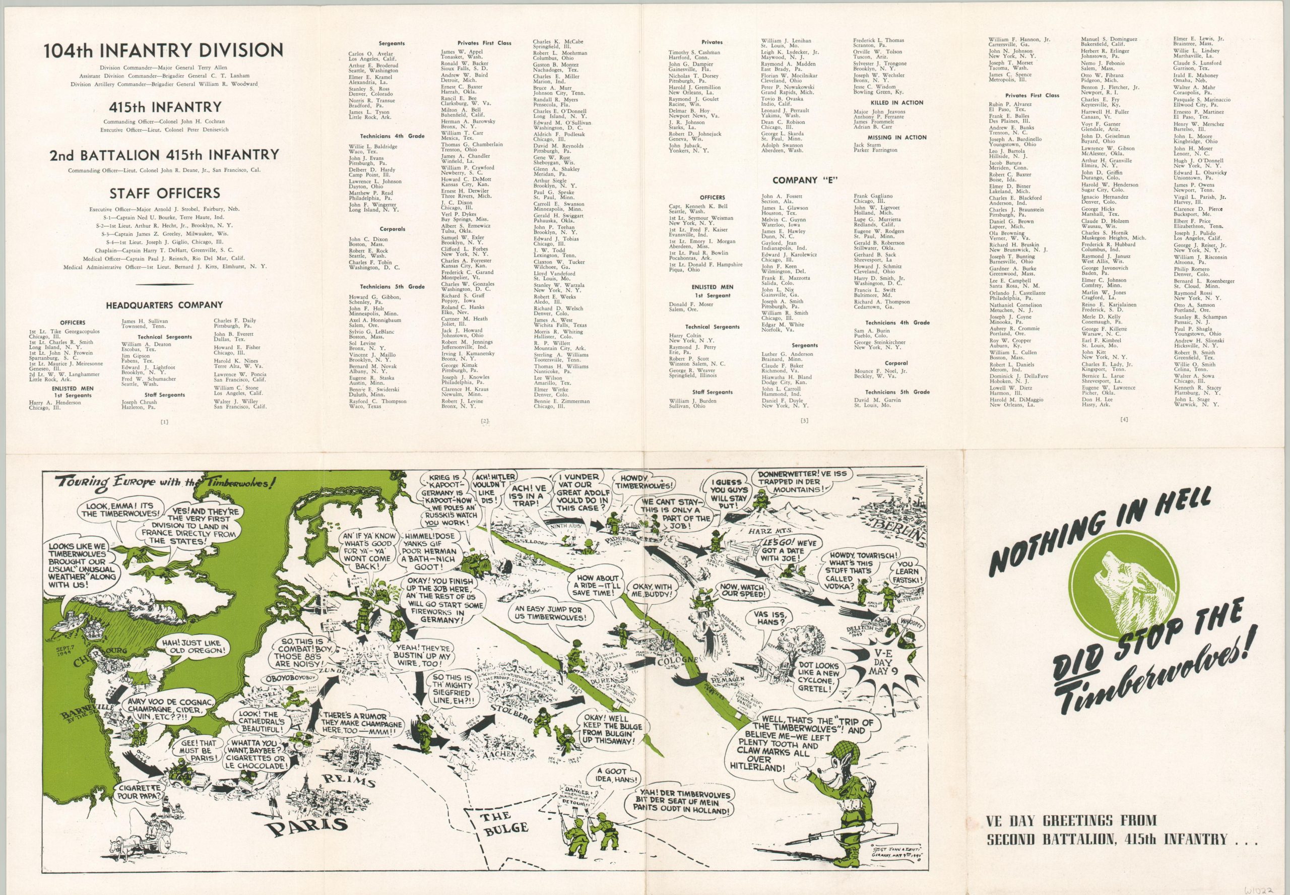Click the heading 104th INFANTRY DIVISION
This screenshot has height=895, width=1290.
(164, 51)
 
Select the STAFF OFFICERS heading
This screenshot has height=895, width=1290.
(164, 194)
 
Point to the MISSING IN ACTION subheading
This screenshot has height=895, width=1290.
(897, 138)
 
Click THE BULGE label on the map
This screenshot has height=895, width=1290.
(505, 825)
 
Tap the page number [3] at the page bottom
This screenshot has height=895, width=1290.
(805, 420)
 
